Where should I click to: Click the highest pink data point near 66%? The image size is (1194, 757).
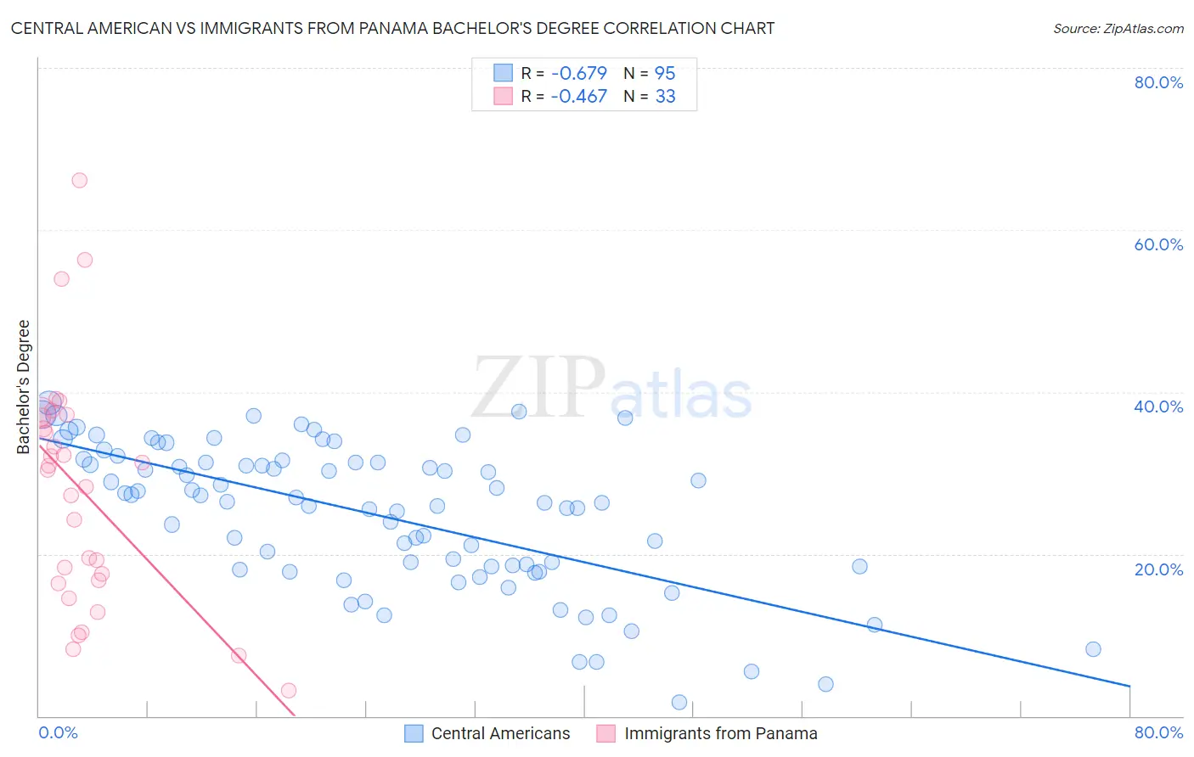coord(79,180)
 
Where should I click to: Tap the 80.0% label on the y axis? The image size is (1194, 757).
coord(1158,82)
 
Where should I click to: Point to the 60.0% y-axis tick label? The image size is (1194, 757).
coord(1158,244)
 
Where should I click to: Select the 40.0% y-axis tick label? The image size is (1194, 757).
coord(1158,407)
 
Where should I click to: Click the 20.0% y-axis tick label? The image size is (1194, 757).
coord(1158,569)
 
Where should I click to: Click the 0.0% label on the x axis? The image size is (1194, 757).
coord(58,732)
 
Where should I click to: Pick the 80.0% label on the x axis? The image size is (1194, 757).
coord(1158,732)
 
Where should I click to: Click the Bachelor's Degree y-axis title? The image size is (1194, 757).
coord(24,386)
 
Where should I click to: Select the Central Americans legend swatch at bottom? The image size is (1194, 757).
coord(414,734)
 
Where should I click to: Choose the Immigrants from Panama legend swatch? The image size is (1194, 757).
coord(605,734)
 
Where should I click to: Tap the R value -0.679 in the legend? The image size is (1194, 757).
coord(578,74)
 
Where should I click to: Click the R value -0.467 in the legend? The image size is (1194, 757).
coord(578,97)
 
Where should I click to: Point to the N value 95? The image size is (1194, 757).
coord(665,74)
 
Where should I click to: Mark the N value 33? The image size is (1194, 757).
coord(665,97)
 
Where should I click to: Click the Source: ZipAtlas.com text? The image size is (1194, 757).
coord(1118,29)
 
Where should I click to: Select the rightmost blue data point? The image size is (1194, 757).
coord(1093,649)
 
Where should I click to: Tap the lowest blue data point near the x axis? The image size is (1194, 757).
coord(679,702)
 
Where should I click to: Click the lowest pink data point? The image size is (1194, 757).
coord(289,691)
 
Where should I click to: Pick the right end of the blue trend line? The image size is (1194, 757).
coord(1129,686)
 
